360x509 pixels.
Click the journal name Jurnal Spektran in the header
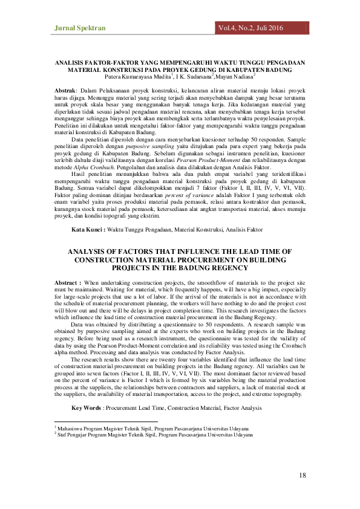80,28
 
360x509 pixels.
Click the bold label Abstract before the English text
68,283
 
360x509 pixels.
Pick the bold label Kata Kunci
88,230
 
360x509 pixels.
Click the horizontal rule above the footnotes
106,422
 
